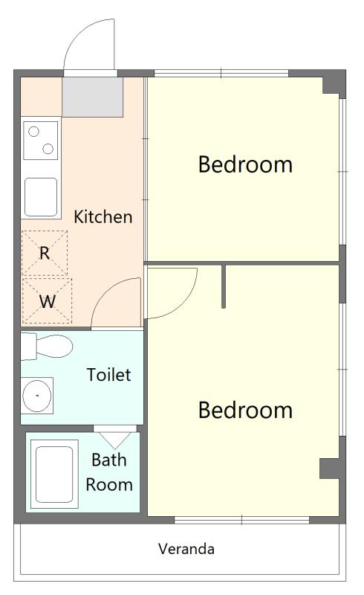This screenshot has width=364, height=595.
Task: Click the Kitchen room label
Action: point(103,216)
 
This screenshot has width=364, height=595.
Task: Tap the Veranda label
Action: point(186,549)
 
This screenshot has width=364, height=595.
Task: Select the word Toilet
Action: point(108,375)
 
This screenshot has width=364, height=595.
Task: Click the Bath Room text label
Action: point(108,472)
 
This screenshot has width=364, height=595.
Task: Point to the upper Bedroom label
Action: point(245,164)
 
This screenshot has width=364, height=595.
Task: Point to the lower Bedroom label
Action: point(245,410)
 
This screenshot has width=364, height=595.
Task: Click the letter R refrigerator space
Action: point(45,253)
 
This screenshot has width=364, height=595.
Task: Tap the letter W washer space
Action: point(47,301)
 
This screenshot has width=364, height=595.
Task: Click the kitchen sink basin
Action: point(41,197)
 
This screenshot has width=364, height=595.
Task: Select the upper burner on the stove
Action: point(33,132)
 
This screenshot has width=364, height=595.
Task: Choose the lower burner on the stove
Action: point(48,149)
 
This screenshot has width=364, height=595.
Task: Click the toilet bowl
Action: point(53,346)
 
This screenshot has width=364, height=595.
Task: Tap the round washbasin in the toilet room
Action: point(37,396)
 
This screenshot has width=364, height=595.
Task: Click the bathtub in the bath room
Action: point(54,474)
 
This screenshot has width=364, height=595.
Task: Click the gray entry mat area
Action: point(93,97)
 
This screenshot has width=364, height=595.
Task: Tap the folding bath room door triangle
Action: point(114,440)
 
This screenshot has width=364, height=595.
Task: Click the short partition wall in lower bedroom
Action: point(224,286)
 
